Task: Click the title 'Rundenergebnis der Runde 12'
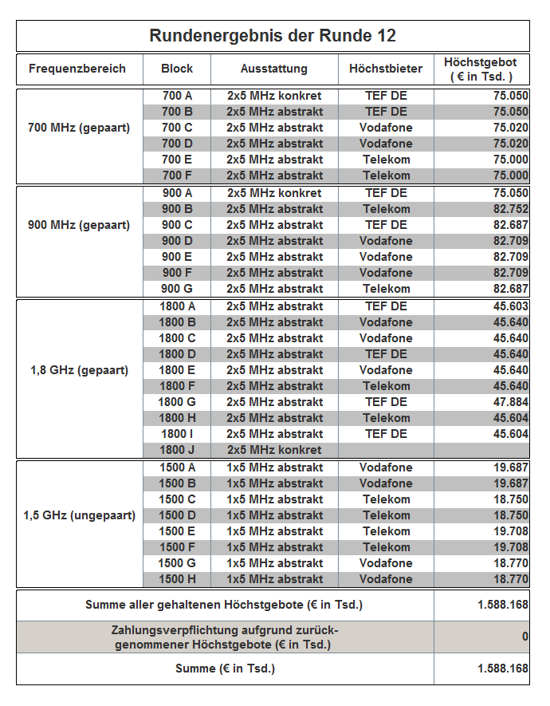coord(273,36)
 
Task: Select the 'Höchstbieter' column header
coord(386,69)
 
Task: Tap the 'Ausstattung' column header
coord(273,69)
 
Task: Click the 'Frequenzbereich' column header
coord(77,69)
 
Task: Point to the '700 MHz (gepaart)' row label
coord(79,128)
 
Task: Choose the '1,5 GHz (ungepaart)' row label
coord(79,515)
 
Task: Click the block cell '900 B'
coord(177,209)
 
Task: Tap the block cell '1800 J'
coord(177,450)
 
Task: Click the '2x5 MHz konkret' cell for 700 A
coord(274,96)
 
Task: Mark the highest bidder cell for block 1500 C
coord(386,499)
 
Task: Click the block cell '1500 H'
coord(177,579)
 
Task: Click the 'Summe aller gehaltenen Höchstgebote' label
coord(224,605)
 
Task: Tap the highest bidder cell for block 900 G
coord(386,289)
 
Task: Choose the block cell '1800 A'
coord(177,306)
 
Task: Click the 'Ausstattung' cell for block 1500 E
coord(274,531)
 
